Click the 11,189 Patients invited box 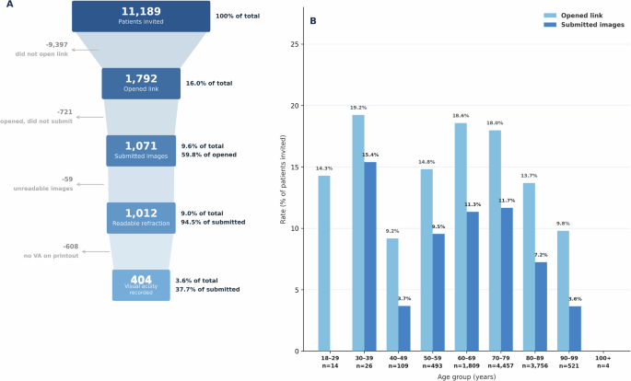[x=141, y=16]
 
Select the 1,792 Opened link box [x=141, y=83]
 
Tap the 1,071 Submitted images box [x=141, y=150]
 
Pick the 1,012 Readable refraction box [x=141, y=217]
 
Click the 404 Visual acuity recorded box [x=141, y=284]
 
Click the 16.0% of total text [x=209, y=83]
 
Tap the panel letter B [x=313, y=20]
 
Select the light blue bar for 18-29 [x=324, y=263]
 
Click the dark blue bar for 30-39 [x=369, y=256]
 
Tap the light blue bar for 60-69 [x=460, y=237]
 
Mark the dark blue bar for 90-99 [x=574, y=329]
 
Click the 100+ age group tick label [x=602, y=357]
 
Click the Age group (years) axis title [x=464, y=375]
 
